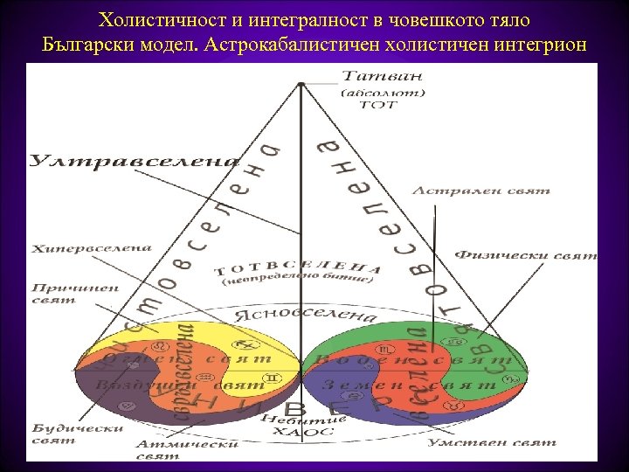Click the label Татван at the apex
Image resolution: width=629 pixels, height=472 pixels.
[370, 78]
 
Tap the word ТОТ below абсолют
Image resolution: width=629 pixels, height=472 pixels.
[377, 105]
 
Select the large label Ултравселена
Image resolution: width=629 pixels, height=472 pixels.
[135, 161]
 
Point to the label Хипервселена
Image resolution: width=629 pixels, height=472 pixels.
[92, 248]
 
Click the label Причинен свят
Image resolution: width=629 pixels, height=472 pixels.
[66, 292]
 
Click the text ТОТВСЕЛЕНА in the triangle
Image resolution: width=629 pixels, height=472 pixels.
[297, 268]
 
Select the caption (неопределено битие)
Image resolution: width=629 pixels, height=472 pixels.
[298, 282]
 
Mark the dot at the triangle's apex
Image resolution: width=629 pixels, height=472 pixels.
[301, 84]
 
